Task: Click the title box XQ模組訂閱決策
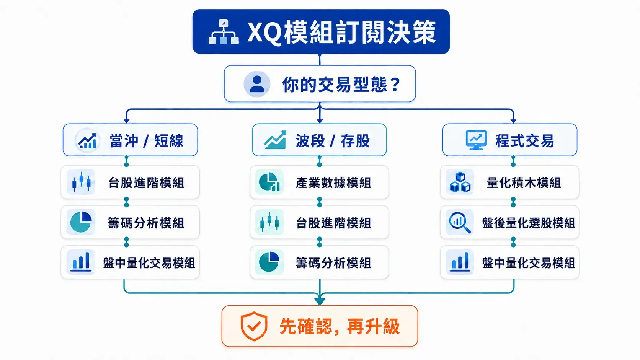[321, 31]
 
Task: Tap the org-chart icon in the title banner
[224, 32]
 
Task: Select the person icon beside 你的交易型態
[256, 84]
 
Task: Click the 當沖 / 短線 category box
[130, 140]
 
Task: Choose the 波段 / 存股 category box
[320, 140]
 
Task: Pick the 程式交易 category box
[510, 140]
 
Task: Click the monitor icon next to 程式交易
[476, 140]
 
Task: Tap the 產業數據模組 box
[320, 182]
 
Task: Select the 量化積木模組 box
[510, 182]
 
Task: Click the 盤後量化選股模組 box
[510, 222]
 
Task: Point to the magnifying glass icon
[460, 223]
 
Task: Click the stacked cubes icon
[460, 182]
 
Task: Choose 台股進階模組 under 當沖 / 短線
[130, 182]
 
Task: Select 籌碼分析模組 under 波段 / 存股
[320, 262]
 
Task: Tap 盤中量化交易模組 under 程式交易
[510, 262]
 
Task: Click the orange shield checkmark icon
[254, 326]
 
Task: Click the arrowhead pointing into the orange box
[320, 301]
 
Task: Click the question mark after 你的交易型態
[396, 85]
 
